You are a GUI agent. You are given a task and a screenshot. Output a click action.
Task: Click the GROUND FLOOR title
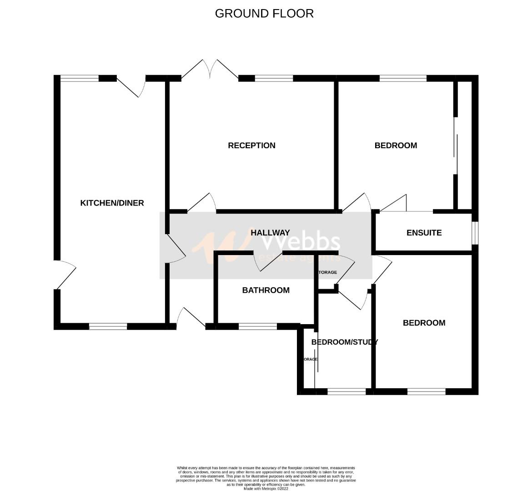264,13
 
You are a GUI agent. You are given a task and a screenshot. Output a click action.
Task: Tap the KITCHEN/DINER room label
112,203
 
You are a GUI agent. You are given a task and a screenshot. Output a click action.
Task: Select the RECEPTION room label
251,145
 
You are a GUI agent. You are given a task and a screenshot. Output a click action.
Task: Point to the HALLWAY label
270,233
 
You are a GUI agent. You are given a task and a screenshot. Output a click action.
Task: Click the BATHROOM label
266,290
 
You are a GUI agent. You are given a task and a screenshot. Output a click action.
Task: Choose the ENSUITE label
424,233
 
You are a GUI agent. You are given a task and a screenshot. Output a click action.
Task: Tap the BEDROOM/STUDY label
344,342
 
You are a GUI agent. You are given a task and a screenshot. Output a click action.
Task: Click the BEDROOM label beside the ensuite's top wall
396,145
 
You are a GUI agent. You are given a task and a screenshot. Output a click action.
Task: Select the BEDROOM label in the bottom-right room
424,323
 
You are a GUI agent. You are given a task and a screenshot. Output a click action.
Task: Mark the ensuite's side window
475,233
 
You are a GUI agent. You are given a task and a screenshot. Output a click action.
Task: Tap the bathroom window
257,326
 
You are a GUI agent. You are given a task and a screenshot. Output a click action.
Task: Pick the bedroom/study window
346,391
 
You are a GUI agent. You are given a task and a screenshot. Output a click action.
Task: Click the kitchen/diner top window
80,78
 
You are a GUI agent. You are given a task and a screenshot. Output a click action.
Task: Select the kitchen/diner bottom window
108,326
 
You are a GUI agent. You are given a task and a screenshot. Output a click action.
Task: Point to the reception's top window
274,78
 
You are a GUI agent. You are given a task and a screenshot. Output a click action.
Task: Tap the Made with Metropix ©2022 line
266,489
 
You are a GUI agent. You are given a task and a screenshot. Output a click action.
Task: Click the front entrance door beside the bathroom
191,318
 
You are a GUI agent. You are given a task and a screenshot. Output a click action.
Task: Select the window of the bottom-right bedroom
426,391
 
